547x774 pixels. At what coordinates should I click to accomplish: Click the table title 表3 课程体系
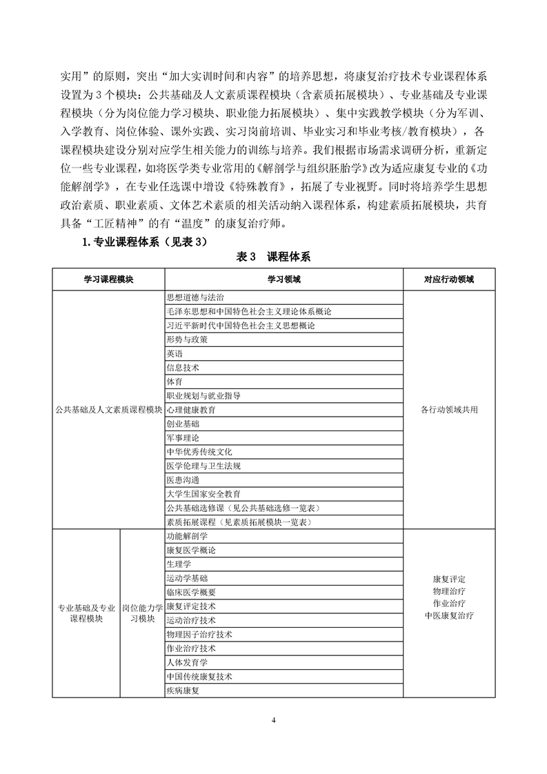click(x=273, y=257)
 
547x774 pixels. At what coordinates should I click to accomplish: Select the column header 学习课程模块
click(x=108, y=279)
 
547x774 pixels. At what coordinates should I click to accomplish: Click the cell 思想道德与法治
click(x=195, y=297)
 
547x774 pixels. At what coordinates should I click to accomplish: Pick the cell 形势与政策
click(x=187, y=339)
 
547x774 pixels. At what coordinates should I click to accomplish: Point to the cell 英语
click(x=175, y=353)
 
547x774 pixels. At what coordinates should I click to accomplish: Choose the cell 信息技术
click(x=183, y=367)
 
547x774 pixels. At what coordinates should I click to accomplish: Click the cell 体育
click(x=175, y=381)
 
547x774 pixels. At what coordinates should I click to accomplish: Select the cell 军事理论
click(x=183, y=437)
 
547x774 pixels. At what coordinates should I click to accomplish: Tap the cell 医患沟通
click(x=183, y=479)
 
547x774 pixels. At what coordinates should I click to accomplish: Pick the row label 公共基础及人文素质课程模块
click(x=108, y=409)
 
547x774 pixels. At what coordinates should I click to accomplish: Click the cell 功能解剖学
click(x=187, y=536)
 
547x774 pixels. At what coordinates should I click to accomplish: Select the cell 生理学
click(x=179, y=564)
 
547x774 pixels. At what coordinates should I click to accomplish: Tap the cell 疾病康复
click(x=183, y=691)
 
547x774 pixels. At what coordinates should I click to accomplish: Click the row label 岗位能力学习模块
click(x=143, y=613)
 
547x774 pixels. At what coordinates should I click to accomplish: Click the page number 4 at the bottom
click(x=274, y=721)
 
